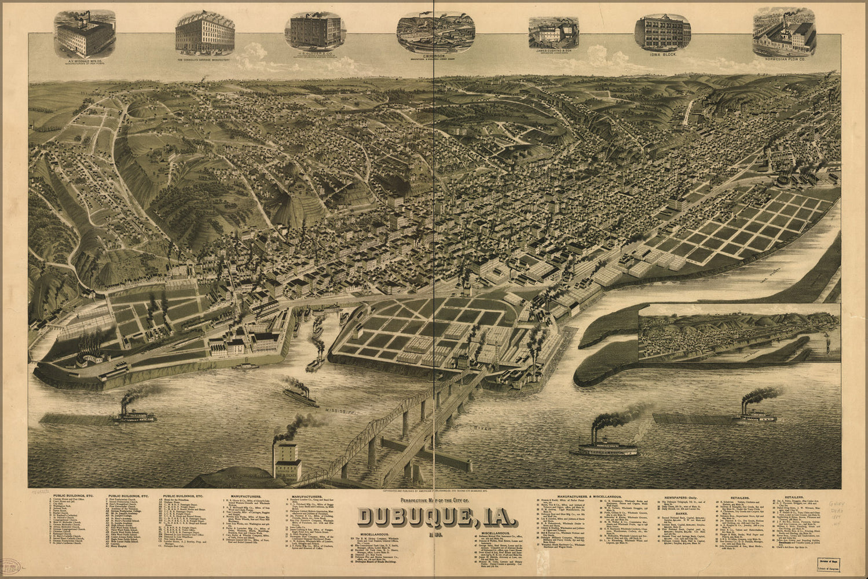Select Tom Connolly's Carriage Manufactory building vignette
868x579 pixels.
[x=205, y=32]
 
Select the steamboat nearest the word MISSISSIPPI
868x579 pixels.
[x=301, y=397]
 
